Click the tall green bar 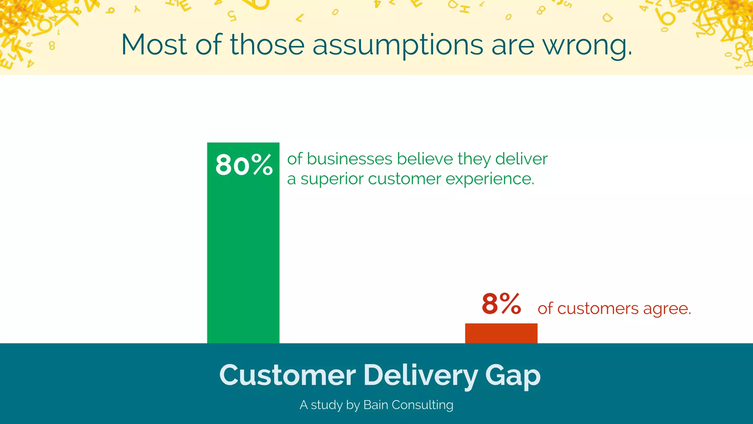pos(243,258)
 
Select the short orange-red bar pos(501,333)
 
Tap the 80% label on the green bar pos(244,165)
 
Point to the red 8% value pos(501,304)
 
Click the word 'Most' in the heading pos(154,45)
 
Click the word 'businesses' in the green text pos(350,159)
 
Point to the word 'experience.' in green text pos(490,179)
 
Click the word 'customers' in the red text pos(598,308)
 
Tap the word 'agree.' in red pos(667,309)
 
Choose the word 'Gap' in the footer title pos(513,376)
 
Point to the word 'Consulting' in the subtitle pos(422,405)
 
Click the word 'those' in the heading pos(267,45)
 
